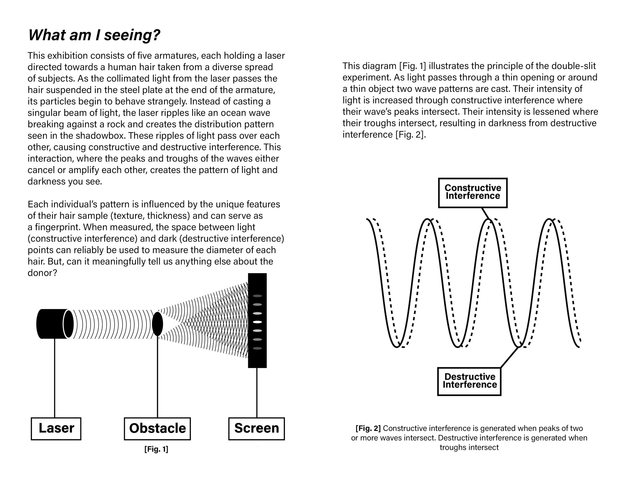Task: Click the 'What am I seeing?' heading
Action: (x=94, y=35)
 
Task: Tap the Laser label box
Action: (x=56, y=428)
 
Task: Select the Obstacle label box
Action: (x=157, y=428)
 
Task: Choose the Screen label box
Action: (x=256, y=428)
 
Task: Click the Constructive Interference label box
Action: (x=473, y=192)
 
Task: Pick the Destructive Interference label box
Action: (x=469, y=381)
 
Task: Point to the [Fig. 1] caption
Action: (x=156, y=449)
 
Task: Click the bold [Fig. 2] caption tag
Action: (x=368, y=428)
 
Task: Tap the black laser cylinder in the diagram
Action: (x=50, y=324)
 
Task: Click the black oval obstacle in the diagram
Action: (x=157, y=324)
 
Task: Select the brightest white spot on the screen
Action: (x=257, y=322)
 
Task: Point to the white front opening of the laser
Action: (x=68, y=324)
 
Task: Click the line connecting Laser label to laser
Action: (x=55, y=377)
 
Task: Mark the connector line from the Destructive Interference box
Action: (x=509, y=357)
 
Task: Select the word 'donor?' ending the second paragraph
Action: (x=42, y=273)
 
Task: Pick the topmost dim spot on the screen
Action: (x=257, y=296)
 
